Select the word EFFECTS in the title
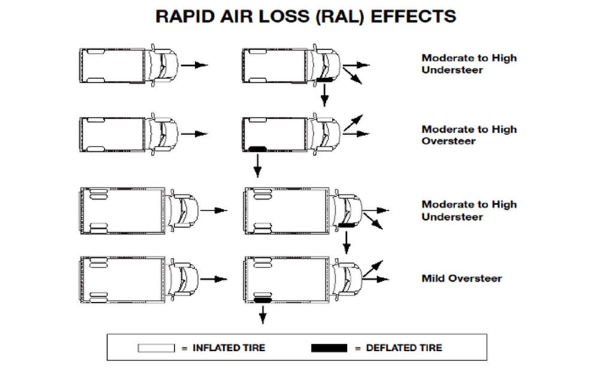[x=414, y=16]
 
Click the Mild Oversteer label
[x=462, y=278]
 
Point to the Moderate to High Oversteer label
[x=468, y=135]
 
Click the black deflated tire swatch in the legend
[x=329, y=348]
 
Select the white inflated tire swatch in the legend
[x=156, y=348]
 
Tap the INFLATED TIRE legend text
[x=228, y=348]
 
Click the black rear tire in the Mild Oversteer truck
[x=263, y=299]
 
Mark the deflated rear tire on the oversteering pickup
[x=257, y=148]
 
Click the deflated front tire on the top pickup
[x=324, y=80]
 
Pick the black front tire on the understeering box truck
[x=346, y=225]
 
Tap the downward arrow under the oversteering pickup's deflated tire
[x=257, y=166]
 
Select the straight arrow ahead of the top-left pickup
[x=194, y=64]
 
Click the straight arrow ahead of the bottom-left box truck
[x=214, y=279]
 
